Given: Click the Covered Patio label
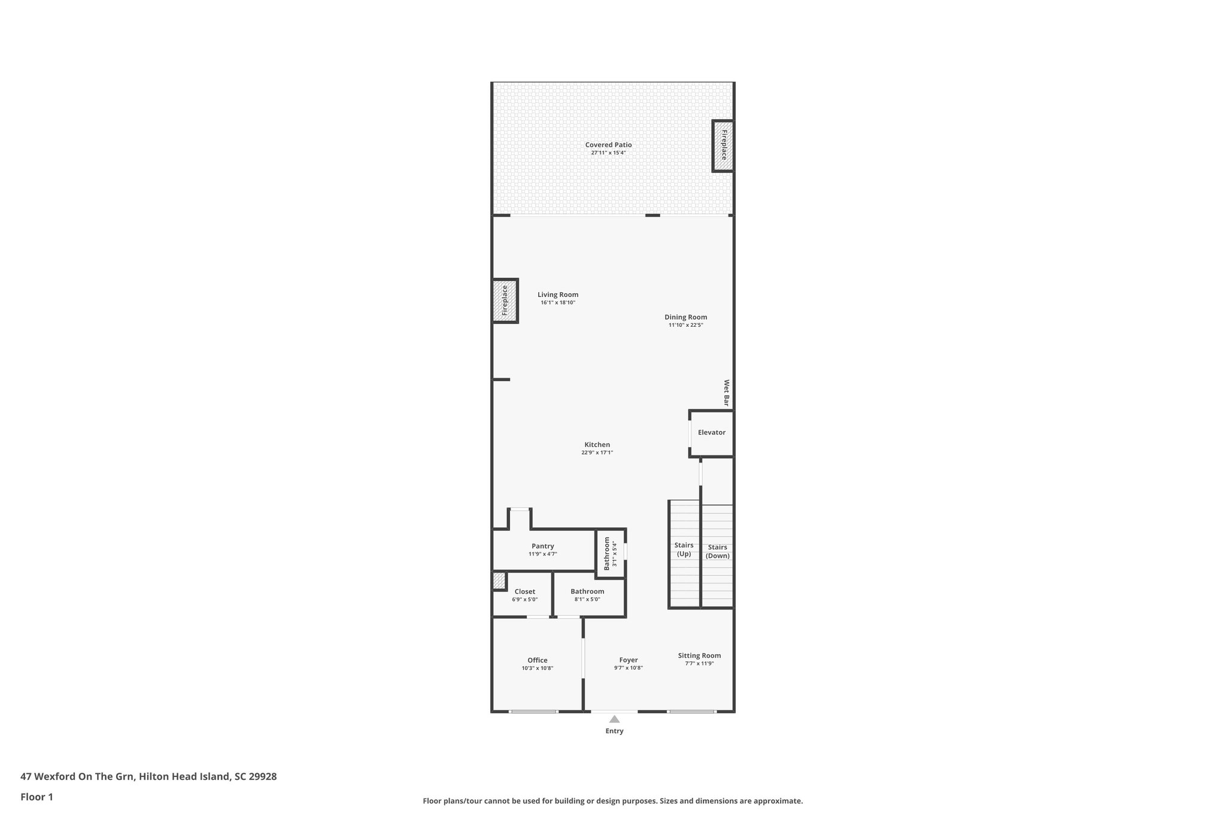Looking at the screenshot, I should (608, 145).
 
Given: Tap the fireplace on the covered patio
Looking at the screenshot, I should (723, 145).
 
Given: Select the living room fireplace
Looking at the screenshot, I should (505, 300).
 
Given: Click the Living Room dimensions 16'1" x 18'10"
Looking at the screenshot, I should (557, 303).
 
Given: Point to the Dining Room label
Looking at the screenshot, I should (685, 317).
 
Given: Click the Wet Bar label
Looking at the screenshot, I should (727, 393).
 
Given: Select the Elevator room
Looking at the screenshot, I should (711, 433).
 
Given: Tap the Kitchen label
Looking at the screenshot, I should (597, 445).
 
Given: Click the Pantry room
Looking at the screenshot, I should (542, 549).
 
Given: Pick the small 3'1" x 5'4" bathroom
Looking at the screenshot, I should (610, 554).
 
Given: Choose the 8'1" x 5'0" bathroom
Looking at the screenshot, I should (587, 595).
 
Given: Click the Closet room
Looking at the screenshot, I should (524, 595).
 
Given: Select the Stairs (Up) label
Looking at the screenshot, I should (684, 549).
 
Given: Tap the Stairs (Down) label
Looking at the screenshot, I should (717, 551).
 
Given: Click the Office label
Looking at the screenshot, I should (537, 660).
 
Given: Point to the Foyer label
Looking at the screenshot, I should (628, 660).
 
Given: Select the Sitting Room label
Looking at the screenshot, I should (699, 655).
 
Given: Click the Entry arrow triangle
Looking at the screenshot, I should (614, 719).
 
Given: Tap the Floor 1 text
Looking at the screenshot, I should (37, 797).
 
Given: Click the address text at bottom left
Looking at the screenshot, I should (148, 776).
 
